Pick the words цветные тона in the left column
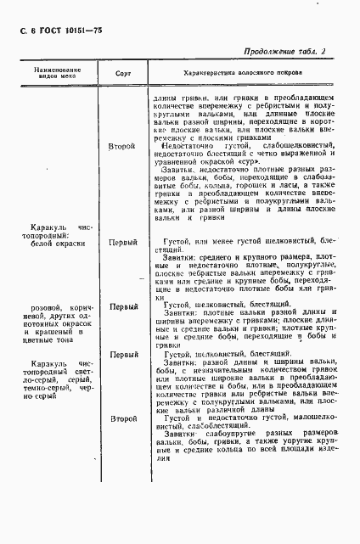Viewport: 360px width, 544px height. pyautogui.click(x=52, y=345)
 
